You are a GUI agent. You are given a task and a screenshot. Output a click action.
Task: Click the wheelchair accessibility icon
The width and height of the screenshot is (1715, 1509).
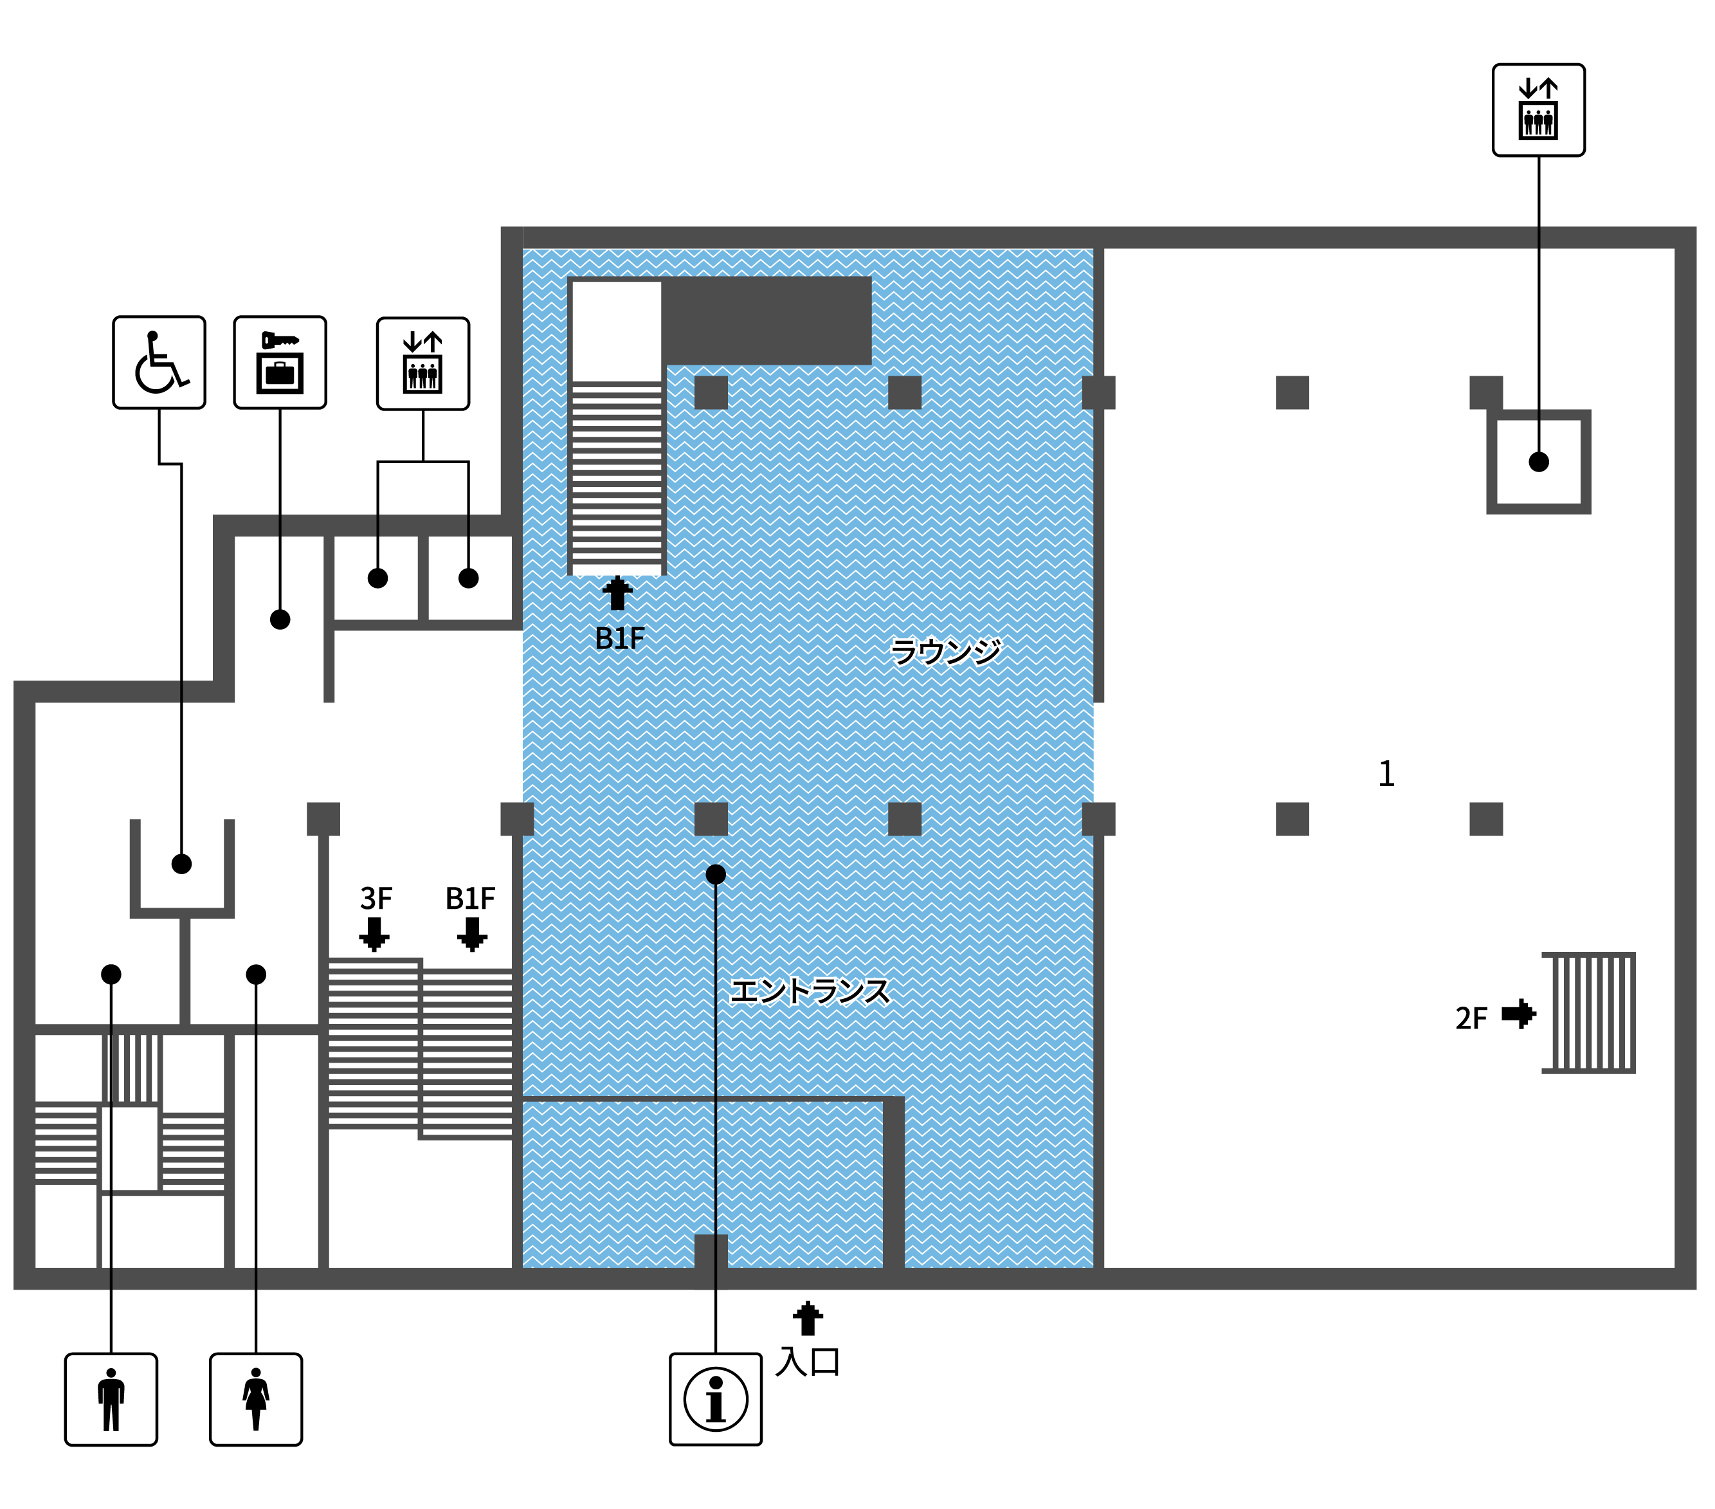point(159,363)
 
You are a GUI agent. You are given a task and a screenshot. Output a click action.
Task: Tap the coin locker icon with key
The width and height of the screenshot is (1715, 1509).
point(280,363)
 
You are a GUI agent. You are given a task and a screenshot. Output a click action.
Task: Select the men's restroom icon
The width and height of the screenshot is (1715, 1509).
point(111,1399)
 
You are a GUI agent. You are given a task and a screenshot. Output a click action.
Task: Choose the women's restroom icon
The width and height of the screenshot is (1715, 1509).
point(256,1399)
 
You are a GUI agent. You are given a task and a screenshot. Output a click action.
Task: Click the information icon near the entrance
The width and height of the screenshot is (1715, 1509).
point(716,1399)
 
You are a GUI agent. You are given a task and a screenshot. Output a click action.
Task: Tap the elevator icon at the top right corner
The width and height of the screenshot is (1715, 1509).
point(1539,110)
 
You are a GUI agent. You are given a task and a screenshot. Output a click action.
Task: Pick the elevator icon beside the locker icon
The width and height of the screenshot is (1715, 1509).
point(423,363)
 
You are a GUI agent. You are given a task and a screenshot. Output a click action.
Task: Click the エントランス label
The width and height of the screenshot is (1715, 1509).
point(810,991)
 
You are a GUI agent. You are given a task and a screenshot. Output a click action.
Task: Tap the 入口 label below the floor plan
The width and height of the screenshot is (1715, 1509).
point(807,1361)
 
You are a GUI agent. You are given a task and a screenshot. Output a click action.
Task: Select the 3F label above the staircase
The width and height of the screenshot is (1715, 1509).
point(376,899)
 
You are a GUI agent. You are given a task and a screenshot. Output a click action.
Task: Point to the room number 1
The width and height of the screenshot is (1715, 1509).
point(1386,774)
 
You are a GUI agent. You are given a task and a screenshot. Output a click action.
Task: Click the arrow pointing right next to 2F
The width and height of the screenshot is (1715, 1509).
point(1519,1014)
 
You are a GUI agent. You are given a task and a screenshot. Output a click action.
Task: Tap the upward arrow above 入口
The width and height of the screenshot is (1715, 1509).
point(808,1319)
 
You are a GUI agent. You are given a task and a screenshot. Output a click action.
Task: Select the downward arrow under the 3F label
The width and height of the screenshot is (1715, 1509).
point(374,934)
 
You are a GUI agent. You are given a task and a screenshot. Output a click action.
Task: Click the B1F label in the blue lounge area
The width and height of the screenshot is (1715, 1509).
point(620,639)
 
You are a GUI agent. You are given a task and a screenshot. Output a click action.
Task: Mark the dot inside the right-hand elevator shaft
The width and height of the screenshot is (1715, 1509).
point(1539,462)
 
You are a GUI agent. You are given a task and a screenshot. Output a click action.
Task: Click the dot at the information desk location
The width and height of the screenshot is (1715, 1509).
point(716,875)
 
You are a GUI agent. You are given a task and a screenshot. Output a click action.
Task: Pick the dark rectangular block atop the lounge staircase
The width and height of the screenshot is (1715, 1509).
point(767,320)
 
